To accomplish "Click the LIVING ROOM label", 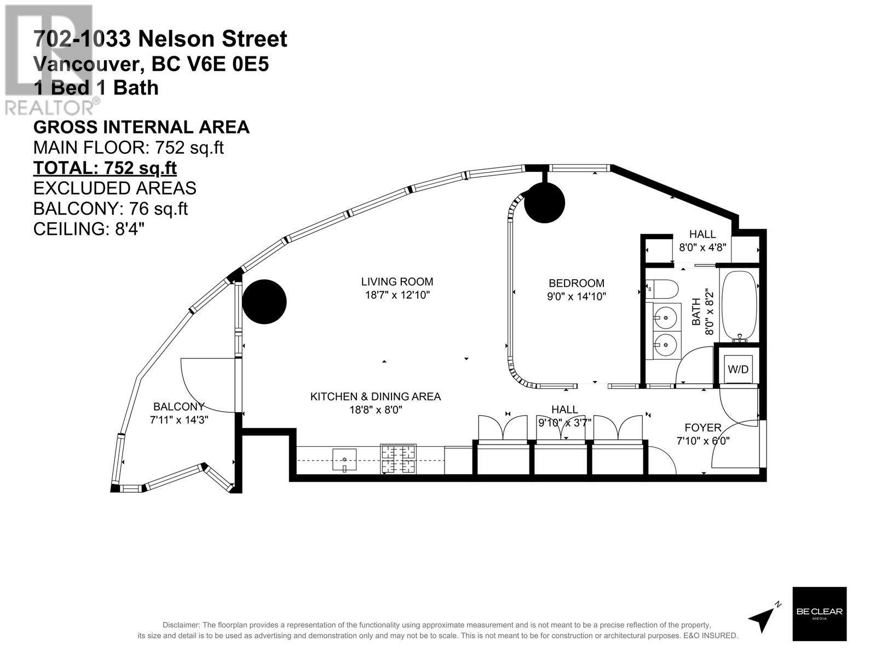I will tap(397, 282).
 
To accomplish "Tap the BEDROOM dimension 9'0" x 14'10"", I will tap(577, 297).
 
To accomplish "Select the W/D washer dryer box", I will tap(737, 370).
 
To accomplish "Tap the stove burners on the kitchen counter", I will tap(399, 459).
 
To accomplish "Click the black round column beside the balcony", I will tap(264, 302).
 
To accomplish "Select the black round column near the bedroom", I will tap(544, 203).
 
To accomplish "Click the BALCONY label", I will tap(178, 407).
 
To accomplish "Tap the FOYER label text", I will tap(703, 428).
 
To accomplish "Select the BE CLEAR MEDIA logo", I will tap(820, 614).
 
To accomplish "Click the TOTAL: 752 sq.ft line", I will tap(105, 168).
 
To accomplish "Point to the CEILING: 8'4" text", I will tap(89, 229).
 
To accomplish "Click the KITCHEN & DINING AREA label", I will tap(375, 396).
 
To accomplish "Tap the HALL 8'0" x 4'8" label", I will tap(702, 240).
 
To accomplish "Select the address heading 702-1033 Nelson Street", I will tap(160, 39).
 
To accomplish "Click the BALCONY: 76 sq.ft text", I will tap(110, 209).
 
